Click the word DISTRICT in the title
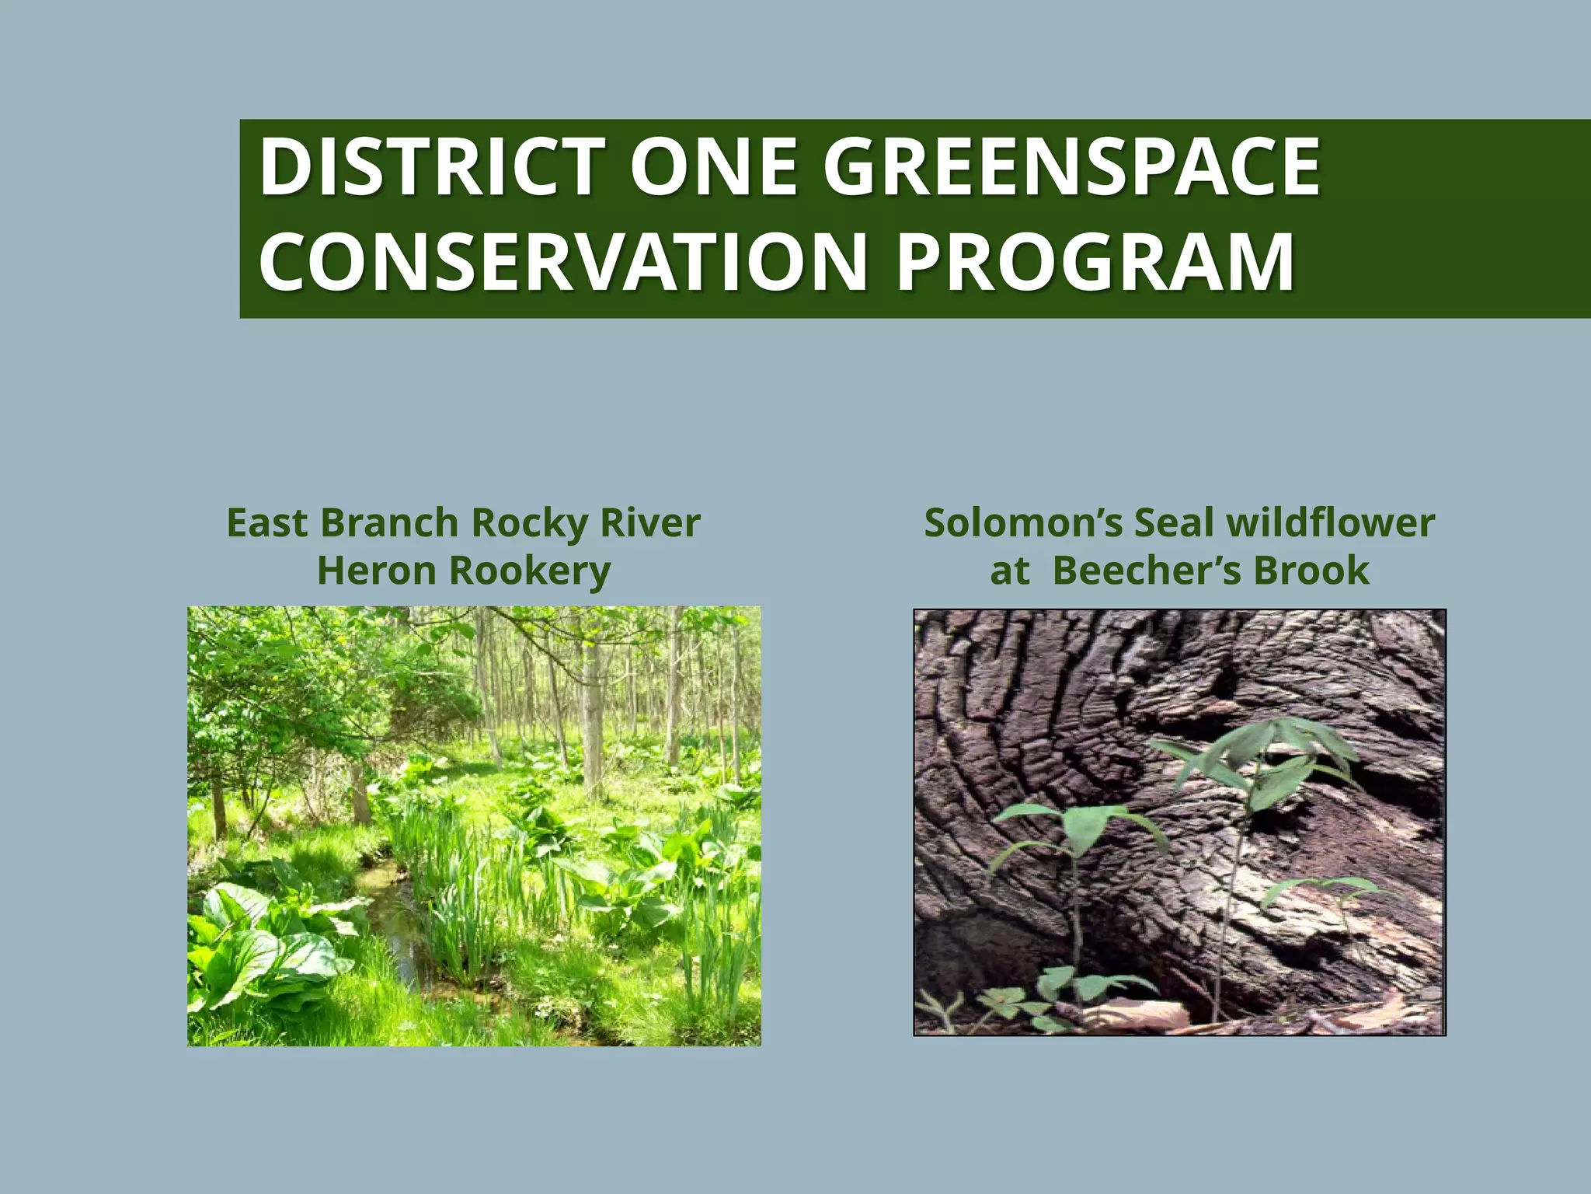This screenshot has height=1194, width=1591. [x=432, y=166]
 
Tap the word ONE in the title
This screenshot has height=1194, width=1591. [x=714, y=166]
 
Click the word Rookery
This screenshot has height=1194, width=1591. [x=530, y=572]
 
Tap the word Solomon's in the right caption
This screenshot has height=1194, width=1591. [x=1023, y=522]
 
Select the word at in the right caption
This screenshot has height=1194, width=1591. [x=1009, y=572]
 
